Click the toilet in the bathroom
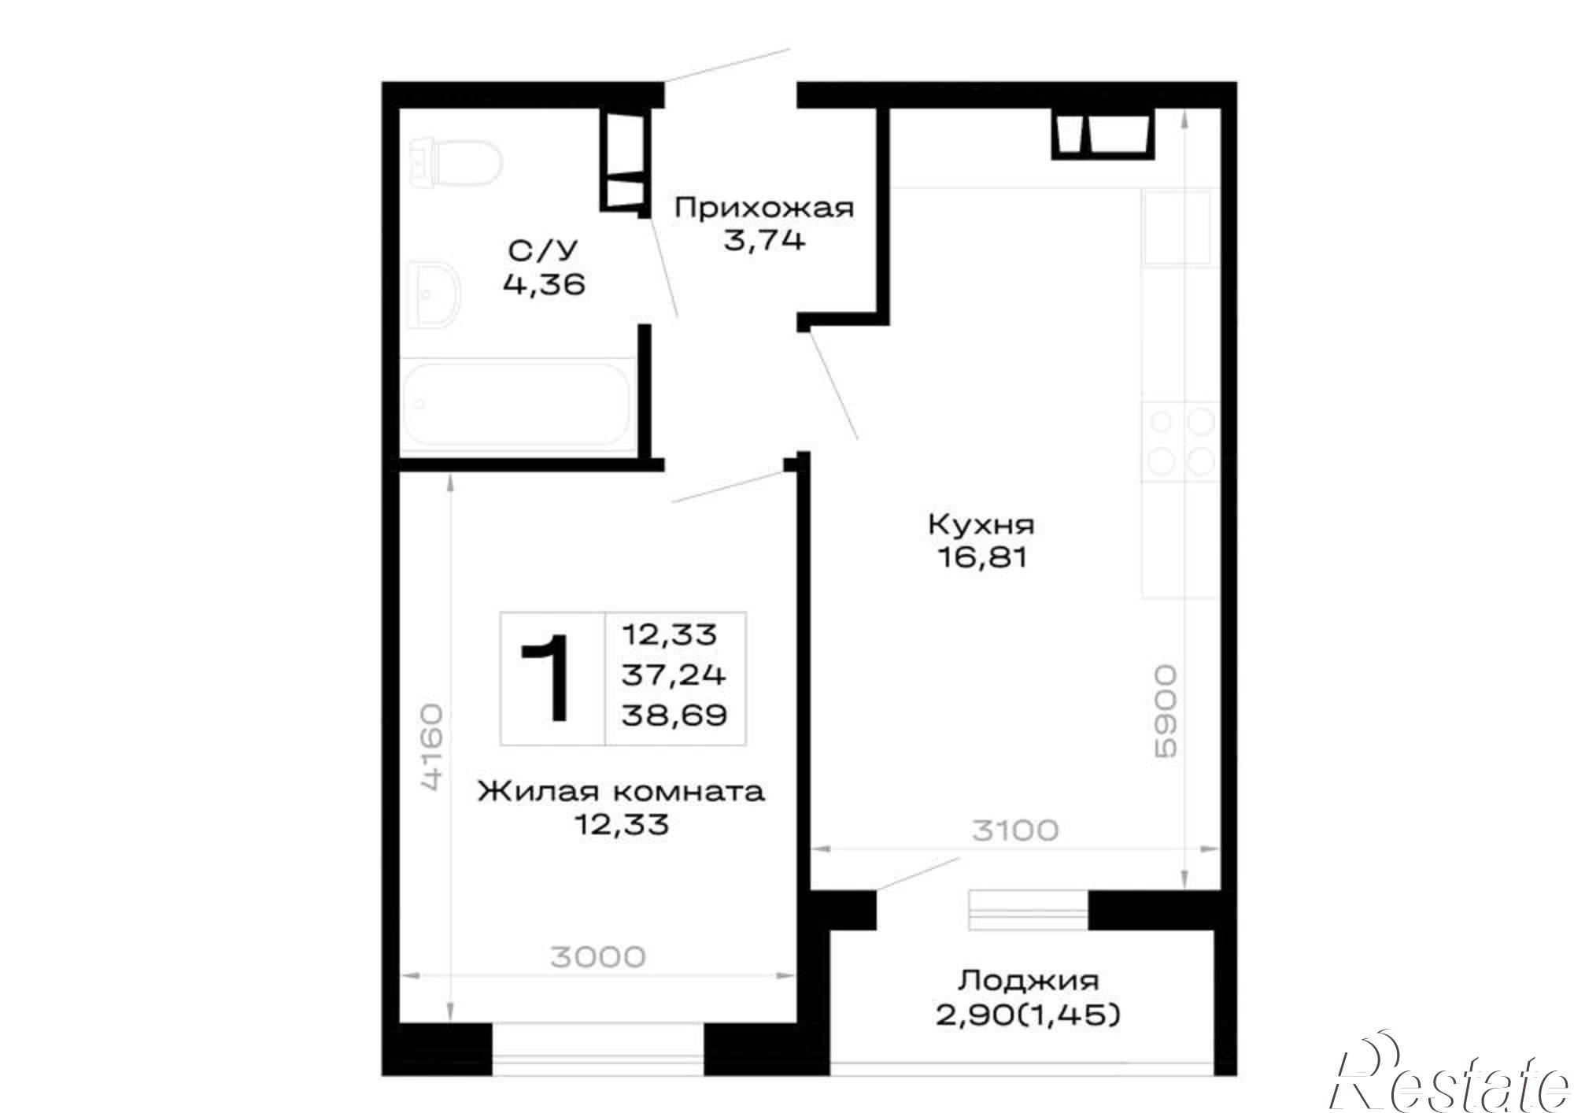tap(456, 164)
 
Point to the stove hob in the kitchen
tap(1180, 439)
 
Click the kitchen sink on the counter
tap(1177, 227)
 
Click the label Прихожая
tap(764, 209)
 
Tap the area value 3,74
tap(764, 240)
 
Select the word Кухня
tap(981, 524)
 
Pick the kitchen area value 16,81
tap(981, 558)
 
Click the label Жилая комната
tap(621, 791)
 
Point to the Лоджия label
tap(1028, 981)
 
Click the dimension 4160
tap(432, 747)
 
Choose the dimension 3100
tap(1015, 830)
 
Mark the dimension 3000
tap(598, 957)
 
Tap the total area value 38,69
tap(674, 715)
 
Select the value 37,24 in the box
tap(674, 675)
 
